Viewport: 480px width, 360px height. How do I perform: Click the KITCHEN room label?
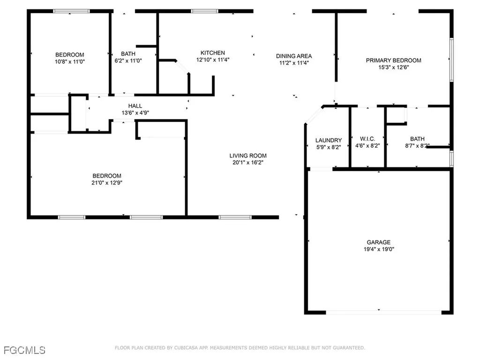click(213, 53)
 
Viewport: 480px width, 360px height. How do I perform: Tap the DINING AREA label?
click(294, 56)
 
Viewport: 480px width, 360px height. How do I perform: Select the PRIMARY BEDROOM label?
click(393, 60)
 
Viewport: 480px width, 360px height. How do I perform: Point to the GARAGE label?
click(379, 242)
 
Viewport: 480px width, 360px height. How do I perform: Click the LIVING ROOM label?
click(248, 156)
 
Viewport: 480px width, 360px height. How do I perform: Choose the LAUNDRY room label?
click(329, 140)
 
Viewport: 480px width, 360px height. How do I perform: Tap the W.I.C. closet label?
click(367, 139)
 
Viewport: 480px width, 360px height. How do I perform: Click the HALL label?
click(135, 105)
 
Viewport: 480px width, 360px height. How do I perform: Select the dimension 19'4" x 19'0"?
click(379, 249)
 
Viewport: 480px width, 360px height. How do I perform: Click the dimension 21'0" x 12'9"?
click(107, 183)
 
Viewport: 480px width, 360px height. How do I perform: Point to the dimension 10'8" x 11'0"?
click(70, 61)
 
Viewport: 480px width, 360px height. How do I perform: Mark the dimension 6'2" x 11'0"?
click(128, 60)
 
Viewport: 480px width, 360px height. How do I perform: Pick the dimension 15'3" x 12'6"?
click(393, 67)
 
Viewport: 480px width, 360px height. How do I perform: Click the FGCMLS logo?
click(24, 350)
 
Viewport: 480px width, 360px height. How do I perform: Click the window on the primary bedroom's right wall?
click(451, 60)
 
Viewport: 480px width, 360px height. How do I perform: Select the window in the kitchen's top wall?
click(204, 11)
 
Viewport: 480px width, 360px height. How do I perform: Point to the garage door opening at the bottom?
click(383, 313)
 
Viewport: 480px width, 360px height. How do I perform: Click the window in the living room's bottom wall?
click(235, 217)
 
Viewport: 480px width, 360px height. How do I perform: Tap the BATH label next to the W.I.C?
click(417, 139)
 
